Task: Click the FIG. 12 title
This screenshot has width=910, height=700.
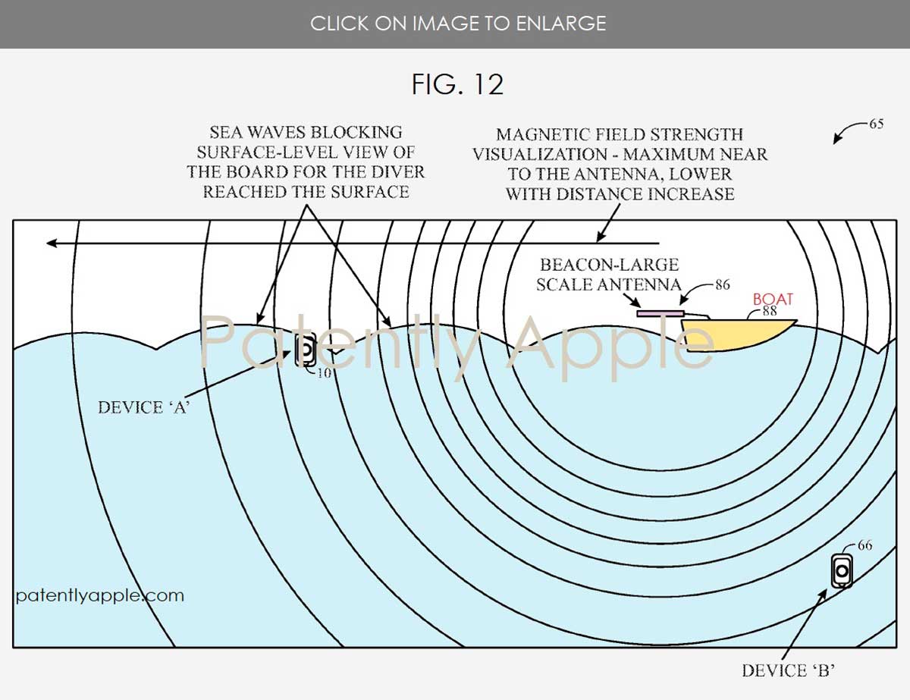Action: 457,84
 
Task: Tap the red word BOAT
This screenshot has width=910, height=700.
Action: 772,300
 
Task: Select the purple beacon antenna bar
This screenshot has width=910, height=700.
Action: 661,312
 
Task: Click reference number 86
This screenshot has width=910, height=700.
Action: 722,285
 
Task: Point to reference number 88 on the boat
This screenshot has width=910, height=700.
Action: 770,310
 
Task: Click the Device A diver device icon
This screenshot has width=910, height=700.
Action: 305,350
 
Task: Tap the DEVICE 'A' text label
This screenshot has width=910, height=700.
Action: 143,407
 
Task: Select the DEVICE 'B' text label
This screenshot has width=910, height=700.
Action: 789,670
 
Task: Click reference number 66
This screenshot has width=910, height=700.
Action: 864,545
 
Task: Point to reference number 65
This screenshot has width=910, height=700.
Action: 876,124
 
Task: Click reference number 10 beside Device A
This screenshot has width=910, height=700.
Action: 324,372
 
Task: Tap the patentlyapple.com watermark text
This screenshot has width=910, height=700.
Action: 99,595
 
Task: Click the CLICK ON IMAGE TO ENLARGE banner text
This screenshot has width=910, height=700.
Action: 457,24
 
